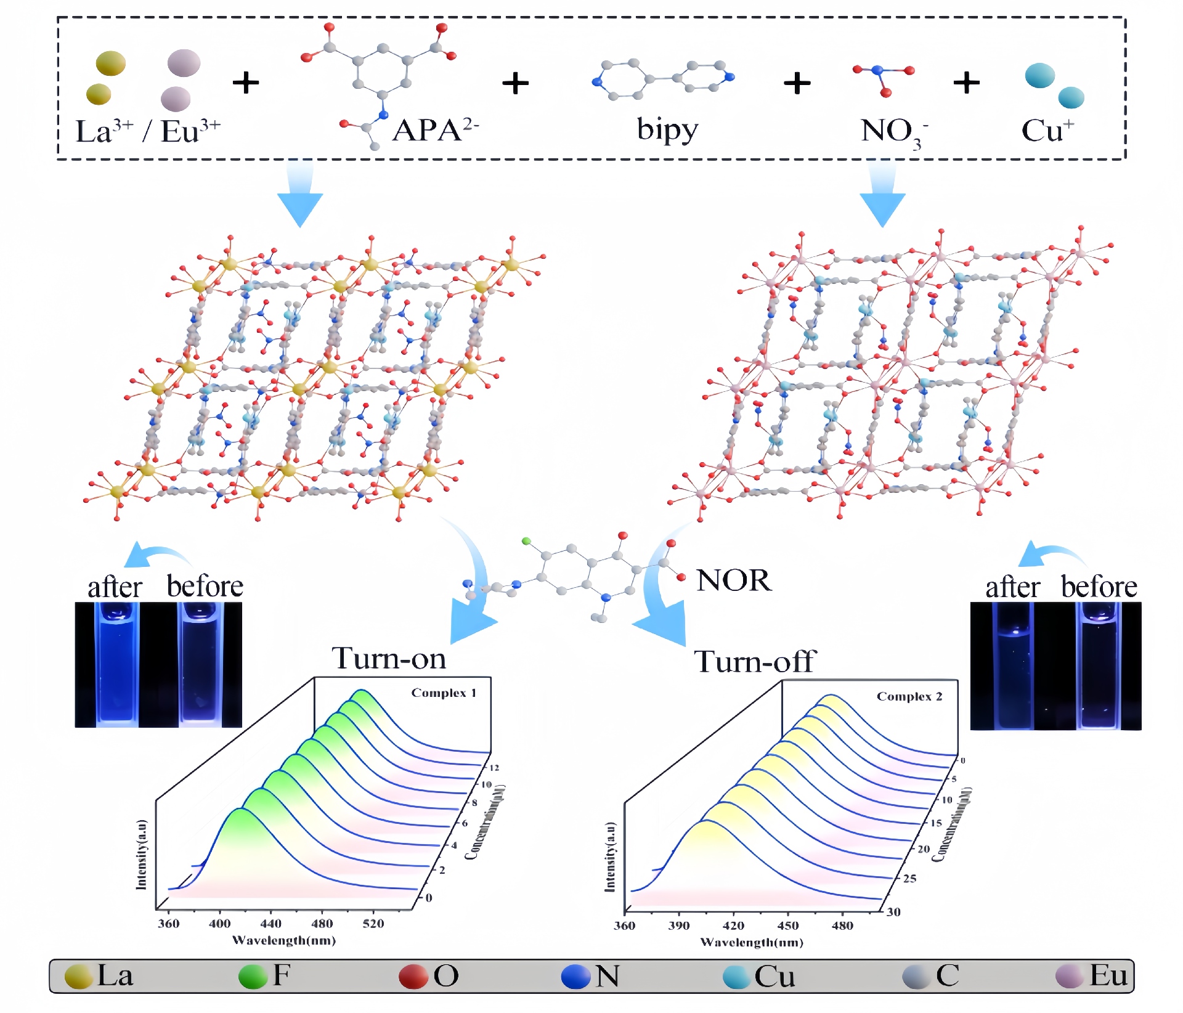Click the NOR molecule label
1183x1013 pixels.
(x=733, y=580)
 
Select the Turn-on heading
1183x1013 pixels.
(x=389, y=659)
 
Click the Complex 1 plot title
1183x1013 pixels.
(x=444, y=693)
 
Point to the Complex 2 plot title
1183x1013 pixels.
(x=909, y=697)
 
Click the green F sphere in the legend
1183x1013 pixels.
(x=253, y=977)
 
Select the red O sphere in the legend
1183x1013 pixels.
(x=413, y=977)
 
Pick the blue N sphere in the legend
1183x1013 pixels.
(x=575, y=977)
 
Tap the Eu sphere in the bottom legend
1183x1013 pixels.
(x=1069, y=976)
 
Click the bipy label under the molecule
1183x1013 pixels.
(x=667, y=131)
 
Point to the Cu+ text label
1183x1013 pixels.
(x=1047, y=131)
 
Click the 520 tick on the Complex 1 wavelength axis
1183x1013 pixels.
(x=373, y=924)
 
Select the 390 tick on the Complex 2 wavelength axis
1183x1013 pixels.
(x=679, y=926)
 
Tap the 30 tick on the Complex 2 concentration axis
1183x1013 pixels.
(x=893, y=912)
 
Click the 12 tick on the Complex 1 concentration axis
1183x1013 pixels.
(x=494, y=768)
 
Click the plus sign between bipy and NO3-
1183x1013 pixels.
(x=797, y=83)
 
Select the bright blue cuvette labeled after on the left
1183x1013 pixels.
(x=116, y=664)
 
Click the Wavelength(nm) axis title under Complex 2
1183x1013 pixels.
(x=752, y=942)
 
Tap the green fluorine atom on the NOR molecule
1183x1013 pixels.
(x=526, y=541)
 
